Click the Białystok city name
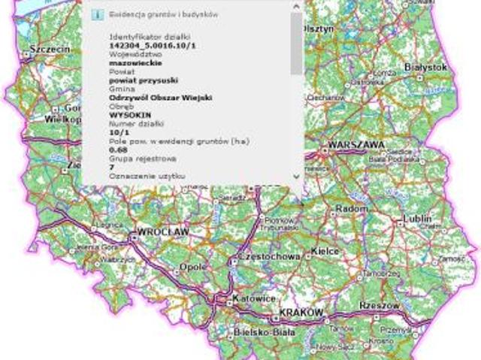426,67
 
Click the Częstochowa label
268,256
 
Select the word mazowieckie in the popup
131,63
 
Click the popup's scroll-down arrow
296,176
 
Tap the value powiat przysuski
137,80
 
